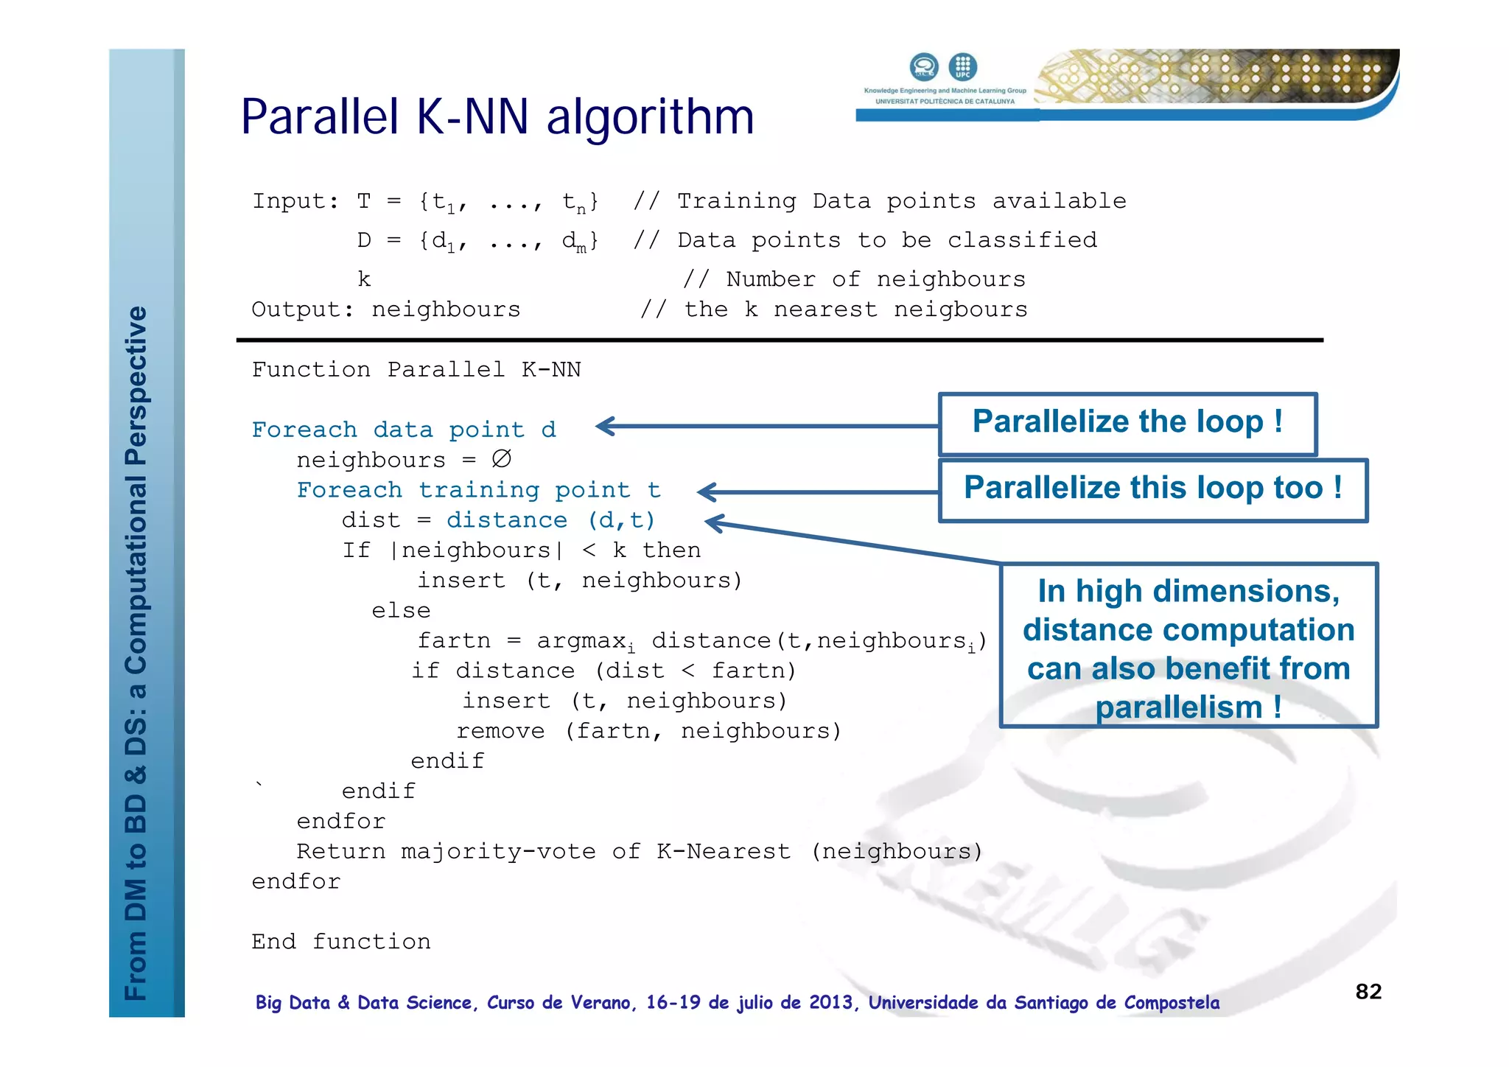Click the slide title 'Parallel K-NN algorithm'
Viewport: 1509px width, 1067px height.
tap(497, 118)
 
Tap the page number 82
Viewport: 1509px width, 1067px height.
tap(1368, 991)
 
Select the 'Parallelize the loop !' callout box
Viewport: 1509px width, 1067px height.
tap(1127, 424)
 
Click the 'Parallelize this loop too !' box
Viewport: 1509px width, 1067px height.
tap(1152, 489)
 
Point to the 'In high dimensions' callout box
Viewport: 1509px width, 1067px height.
tap(1188, 646)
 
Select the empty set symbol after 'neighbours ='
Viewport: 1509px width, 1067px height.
tap(501, 459)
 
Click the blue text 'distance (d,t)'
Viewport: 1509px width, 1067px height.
tap(550, 520)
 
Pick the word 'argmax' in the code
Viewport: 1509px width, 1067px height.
tap(581, 641)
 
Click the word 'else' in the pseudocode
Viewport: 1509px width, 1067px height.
tap(401, 611)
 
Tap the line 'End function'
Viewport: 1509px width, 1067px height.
tap(340, 942)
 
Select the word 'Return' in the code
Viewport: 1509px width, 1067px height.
tap(340, 852)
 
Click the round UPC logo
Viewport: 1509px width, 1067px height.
tap(962, 66)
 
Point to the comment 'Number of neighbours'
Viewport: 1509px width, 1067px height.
tap(875, 279)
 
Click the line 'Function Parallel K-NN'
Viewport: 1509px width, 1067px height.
tap(416, 369)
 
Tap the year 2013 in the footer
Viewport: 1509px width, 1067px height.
tap(830, 1003)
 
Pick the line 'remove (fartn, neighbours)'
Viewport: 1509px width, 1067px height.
tap(648, 731)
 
